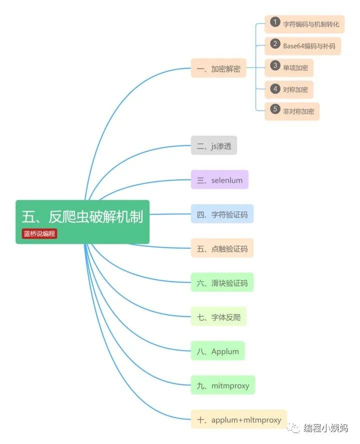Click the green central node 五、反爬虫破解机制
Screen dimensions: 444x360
click(x=82, y=217)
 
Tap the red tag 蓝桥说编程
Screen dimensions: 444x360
click(x=39, y=234)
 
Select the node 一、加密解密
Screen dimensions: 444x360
click(x=218, y=68)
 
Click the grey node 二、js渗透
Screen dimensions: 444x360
click(x=213, y=145)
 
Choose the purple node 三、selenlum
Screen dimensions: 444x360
click(x=219, y=180)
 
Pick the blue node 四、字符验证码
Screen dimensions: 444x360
click(x=222, y=214)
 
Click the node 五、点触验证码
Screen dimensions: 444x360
click(x=222, y=248)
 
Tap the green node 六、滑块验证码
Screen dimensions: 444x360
click(x=222, y=283)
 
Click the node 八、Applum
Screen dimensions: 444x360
click(x=217, y=351)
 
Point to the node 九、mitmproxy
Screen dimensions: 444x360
click(x=223, y=385)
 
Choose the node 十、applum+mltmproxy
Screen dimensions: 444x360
click(x=239, y=420)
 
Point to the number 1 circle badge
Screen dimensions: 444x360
click(x=274, y=22)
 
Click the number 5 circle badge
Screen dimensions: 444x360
click(x=274, y=110)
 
